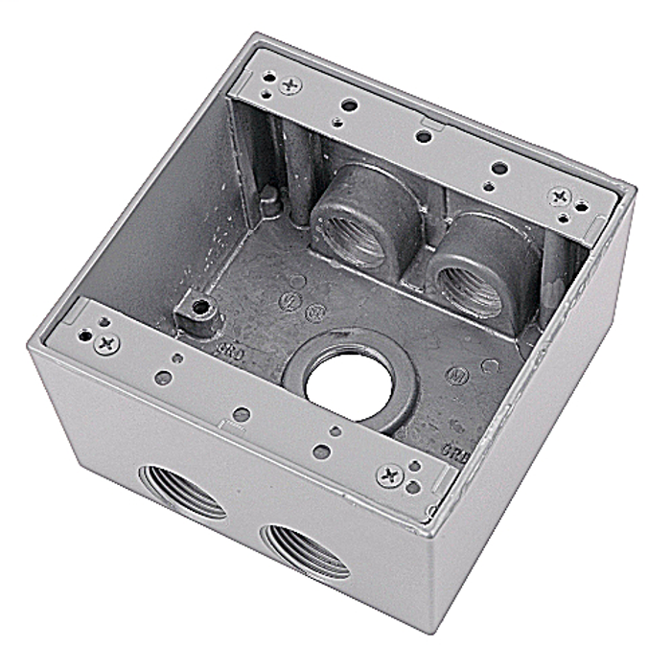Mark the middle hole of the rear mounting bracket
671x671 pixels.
pos(422,137)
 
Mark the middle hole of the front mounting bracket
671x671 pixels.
pos(242,414)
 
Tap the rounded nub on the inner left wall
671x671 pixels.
pos(271,197)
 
